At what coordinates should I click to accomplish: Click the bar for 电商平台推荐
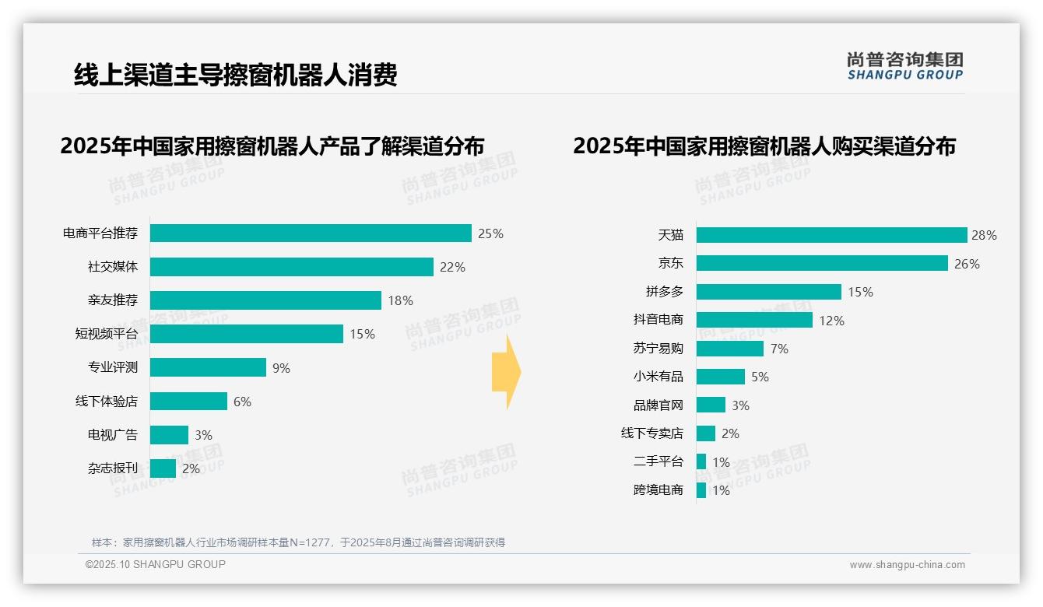click(311, 233)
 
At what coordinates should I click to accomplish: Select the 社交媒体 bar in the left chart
click(291, 267)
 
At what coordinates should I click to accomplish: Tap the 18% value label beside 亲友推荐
click(400, 300)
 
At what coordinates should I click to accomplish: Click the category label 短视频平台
click(106, 334)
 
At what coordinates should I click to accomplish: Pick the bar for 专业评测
click(208, 367)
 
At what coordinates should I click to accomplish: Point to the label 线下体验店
click(106, 402)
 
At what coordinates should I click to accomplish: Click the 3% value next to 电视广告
click(203, 435)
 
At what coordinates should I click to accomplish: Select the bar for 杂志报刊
click(163, 468)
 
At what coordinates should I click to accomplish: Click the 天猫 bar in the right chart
click(831, 235)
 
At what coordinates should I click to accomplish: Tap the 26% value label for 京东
click(967, 264)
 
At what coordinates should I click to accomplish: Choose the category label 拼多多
click(664, 292)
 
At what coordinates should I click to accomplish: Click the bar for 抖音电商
click(754, 320)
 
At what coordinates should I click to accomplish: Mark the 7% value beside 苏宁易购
click(778, 349)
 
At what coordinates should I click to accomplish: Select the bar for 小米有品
click(720, 377)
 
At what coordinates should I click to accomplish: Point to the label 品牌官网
click(658, 405)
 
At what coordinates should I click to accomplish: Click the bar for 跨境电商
click(701, 490)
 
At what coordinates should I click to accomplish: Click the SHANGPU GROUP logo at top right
click(904, 66)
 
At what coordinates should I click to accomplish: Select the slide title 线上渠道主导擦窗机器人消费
click(235, 75)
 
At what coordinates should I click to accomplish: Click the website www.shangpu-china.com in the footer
click(907, 565)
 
